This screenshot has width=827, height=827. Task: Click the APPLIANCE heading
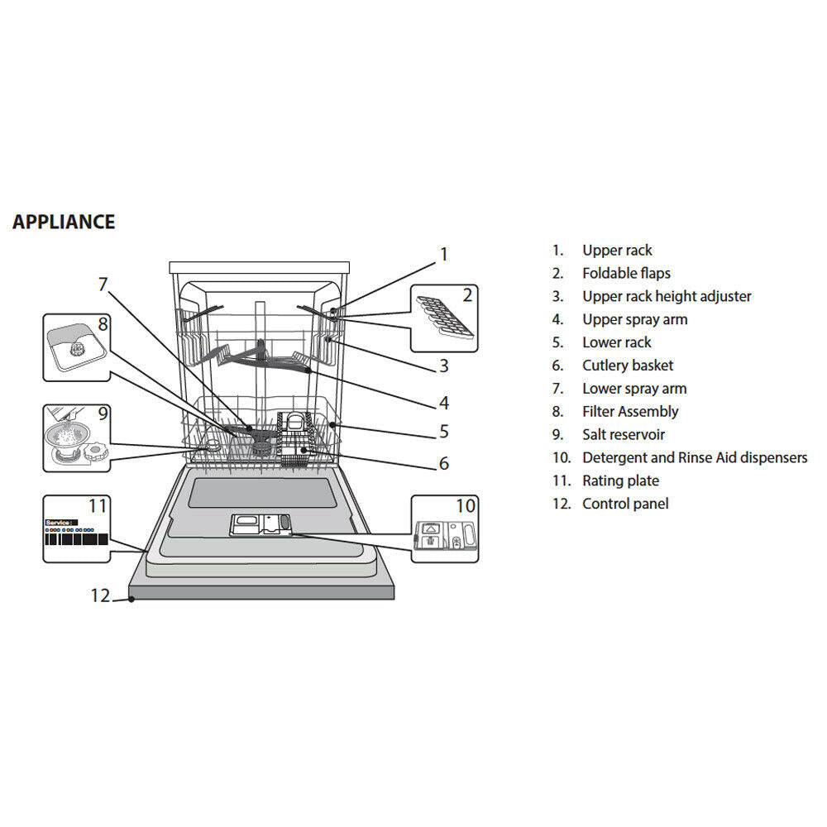point(64,222)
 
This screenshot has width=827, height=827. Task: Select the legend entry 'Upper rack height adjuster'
point(666,296)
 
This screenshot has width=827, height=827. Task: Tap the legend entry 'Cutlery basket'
point(627,366)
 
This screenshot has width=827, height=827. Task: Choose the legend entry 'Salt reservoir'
point(623,434)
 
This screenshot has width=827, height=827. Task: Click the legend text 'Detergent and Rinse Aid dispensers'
point(694,457)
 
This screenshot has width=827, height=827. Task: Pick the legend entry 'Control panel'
point(624,504)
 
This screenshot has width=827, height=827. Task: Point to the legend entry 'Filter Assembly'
point(629,411)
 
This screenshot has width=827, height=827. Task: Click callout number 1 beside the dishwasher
point(443,254)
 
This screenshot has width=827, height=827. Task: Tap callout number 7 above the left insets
point(103,284)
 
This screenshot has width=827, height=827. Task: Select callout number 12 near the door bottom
point(100,595)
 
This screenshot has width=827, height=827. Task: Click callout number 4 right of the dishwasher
point(444,403)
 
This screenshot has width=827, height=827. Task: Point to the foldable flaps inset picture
point(444,318)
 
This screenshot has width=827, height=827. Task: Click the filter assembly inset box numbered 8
point(77,347)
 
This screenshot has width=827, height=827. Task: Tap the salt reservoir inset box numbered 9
point(77,437)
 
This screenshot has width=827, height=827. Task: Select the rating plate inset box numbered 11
point(76,528)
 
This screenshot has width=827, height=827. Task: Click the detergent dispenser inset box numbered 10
point(444,528)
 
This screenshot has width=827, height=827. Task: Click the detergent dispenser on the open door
point(260,523)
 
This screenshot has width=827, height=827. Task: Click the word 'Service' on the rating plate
point(58,523)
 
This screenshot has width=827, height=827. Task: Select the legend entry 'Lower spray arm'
point(633,389)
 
